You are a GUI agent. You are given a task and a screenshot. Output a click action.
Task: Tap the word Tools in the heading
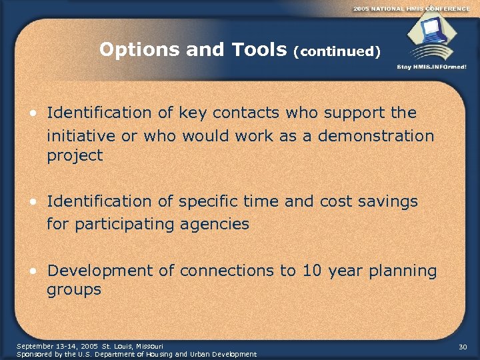pyautogui.click(x=257, y=49)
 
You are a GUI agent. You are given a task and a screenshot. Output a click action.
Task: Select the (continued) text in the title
pyautogui.click(x=337, y=51)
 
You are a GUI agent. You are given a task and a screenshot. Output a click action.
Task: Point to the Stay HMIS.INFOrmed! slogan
pyautogui.click(x=432, y=67)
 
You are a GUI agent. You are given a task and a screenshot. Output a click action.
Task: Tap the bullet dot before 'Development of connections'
pyautogui.click(x=33, y=271)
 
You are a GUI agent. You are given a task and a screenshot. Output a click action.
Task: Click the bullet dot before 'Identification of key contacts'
pyautogui.click(x=33, y=113)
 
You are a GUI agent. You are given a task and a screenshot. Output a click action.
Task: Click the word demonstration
pyautogui.click(x=376, y=136)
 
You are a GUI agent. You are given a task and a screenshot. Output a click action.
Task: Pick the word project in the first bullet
pyautogui.click(x=75, y=156)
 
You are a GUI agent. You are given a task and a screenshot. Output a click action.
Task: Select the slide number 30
pyautogui.click(x=463, y=347)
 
